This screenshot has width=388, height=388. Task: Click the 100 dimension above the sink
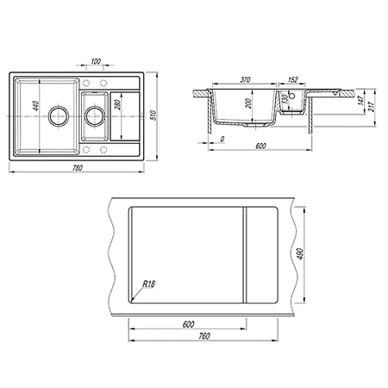coord(96,61)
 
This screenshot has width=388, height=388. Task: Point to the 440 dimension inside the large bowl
coord(35,105)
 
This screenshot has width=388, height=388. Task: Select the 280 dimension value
coord(117,104)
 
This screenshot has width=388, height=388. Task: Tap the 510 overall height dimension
coord(153,116)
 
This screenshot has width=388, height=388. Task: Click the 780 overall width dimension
coord(78,168)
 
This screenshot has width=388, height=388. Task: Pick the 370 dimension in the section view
coord(245,79)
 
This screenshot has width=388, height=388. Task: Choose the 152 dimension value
coord(292,79)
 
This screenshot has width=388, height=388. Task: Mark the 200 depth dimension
coord(248,103)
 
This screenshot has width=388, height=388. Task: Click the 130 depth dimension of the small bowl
coord(285,99)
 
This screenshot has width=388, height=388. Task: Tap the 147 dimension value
coord(361,100)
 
